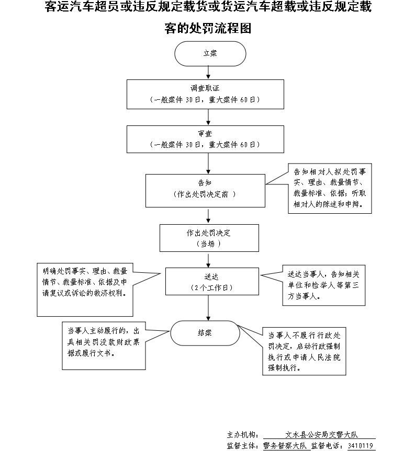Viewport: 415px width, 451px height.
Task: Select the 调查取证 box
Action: (205, 94)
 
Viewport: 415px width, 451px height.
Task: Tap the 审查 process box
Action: (205, 138)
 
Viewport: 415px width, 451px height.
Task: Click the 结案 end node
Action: (205, 333)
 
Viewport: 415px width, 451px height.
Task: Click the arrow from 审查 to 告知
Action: (209, 164)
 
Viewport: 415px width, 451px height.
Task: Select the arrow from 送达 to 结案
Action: (209, 308)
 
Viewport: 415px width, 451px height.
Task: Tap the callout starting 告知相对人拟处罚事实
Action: (330, 188)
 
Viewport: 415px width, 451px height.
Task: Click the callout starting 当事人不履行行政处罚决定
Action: (304, 351)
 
